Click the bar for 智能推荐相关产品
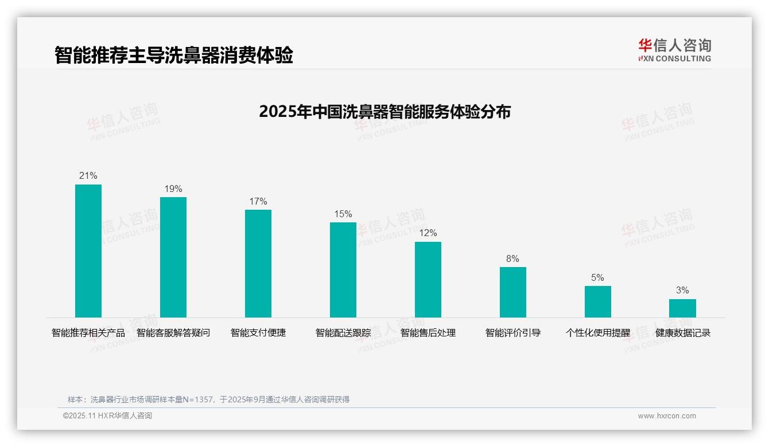click(88, 251)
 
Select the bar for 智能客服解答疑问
click(173, 257)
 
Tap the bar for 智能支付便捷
click(258, 264)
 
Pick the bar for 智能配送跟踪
click(343, 270)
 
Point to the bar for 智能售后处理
click(428, 280)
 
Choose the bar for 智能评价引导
click(513, 292)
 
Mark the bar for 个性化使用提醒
click(598, 301)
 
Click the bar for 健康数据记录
click(682, 308)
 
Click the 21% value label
click(88, 176)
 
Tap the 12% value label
click(428, 233)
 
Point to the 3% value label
click(682, 291)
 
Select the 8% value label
click(512, 259)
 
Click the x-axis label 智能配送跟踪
click(343, 333)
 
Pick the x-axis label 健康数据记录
click(683, 333)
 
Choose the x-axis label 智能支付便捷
click(258, 333)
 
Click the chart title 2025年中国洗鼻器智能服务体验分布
click(384, 112)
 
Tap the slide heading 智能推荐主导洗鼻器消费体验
click(174, 56)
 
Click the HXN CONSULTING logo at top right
click(674, 50)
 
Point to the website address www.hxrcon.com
click(667, 416)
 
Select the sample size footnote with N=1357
click(208, 399)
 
